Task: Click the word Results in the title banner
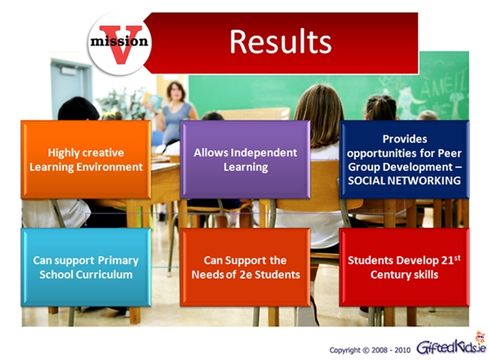pyautogui.click(x=280, y=42)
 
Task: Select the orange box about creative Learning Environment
pyautogui.click(x=86, y=160)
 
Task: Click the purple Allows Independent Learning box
pyautogui.click(x=245, y=160)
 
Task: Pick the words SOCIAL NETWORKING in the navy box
pyautogui.click(x=405, y=180)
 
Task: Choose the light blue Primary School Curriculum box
pyautogui.click(x=86, y=267)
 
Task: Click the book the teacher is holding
pyautogui.click(x=152, y=101)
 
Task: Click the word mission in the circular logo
pyautogui.click(x=119, y=41)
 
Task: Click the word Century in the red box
pyautogui.click(x=387, y=275)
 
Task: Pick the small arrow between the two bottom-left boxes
pyautogui.click(x=166, y=267)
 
